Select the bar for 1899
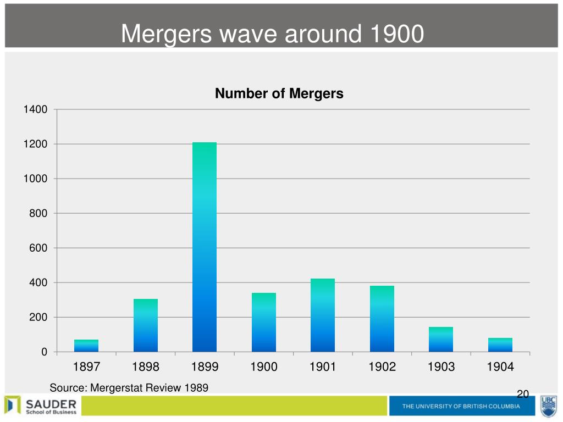[205, 247]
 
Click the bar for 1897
[86, 346]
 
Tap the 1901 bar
[322, 315]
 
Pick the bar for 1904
[500, 345]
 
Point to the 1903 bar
[440, 340]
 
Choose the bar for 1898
[145, 325]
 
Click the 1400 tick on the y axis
[35, 109]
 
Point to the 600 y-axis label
[38, 248]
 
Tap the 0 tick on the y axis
[44, 352]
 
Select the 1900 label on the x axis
[263, 367]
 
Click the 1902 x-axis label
[382, 367]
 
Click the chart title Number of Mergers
[279, 93]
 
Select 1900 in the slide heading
[397, 34]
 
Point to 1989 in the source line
[196, 388]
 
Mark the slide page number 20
[523, 394]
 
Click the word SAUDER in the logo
[51, 404]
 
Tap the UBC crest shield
[549, 407]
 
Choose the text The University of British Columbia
[461, 406]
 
